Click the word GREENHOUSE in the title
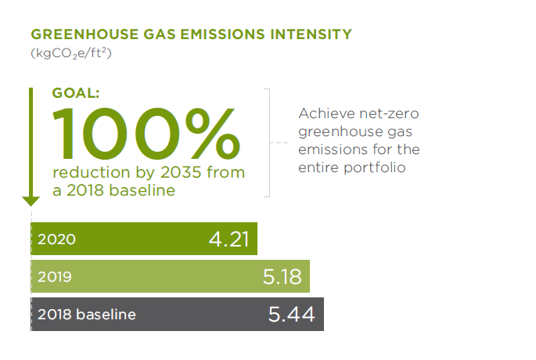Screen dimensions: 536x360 [85, 34]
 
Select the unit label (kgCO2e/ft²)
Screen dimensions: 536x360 [71, 54]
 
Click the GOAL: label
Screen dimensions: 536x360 [76, 93]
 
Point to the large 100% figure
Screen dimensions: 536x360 [146, 133]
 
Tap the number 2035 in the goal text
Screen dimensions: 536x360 [181, 172]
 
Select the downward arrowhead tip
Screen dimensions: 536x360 [31, 206]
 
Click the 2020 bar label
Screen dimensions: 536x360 [56, 239]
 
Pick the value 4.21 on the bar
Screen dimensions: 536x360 [228, 239]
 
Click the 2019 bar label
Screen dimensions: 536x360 [55, 276]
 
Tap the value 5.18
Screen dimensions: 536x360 [282, 276]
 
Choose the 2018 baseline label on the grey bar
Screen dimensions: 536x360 [87, 314]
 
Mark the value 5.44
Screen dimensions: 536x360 [291, 314]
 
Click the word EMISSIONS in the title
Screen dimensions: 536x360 [222, 34]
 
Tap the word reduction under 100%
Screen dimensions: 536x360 [92, 172]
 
